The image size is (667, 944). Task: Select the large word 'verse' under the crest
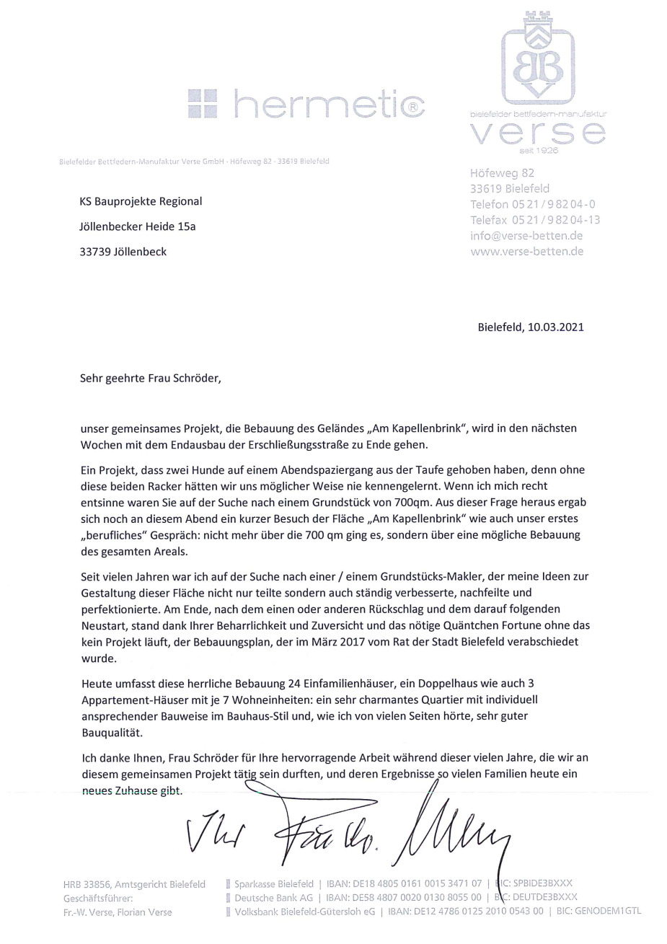538,133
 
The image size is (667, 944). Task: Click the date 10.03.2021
555,327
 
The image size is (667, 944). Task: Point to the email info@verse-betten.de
526,236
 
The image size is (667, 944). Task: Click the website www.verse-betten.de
526,252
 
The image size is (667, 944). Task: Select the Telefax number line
535,220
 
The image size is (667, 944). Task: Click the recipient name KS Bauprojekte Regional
141,201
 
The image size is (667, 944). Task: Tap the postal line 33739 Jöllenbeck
123,252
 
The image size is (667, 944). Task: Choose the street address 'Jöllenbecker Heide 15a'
137,226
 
